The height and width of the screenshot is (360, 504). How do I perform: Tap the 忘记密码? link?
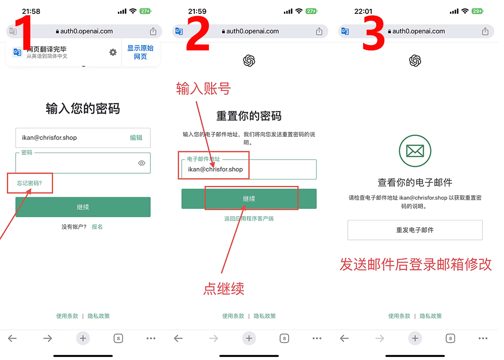(x=29, y=183)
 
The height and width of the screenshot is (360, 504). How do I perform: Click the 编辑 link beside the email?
(x=136, y=138)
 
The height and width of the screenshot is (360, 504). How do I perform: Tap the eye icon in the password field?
(x=141, y=163)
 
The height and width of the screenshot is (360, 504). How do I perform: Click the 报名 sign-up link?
(x=97, y=227)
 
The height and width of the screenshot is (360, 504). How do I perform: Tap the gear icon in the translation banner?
(x=113, y=52)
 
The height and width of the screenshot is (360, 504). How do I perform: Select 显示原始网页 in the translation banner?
(x=140, y=52)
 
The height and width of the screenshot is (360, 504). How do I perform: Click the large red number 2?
(x=198, y=34)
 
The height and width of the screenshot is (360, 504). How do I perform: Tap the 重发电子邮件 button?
(x=414, y=230)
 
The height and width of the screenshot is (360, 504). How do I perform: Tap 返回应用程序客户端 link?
(x=249, y=219)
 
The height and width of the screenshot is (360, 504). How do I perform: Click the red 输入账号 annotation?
(x=203, y=88)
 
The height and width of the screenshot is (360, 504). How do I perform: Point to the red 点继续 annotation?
(x=224, y=288)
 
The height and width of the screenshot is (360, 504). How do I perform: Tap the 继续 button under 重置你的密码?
(x=249, y=198)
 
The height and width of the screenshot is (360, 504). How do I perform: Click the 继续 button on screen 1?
(x=83, y=207)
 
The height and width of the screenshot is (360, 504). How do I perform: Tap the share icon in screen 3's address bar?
(x=485, y=31)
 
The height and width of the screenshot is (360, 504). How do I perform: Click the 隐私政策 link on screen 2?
(x=265, y=316)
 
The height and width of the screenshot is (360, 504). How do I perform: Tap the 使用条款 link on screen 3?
(x=399, y=316)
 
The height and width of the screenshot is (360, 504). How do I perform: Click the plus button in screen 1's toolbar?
(x=83, y=338)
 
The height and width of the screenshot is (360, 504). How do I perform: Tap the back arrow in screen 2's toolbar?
(x=178, y=338)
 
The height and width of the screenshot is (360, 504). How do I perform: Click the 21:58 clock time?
(x=31, y=11)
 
